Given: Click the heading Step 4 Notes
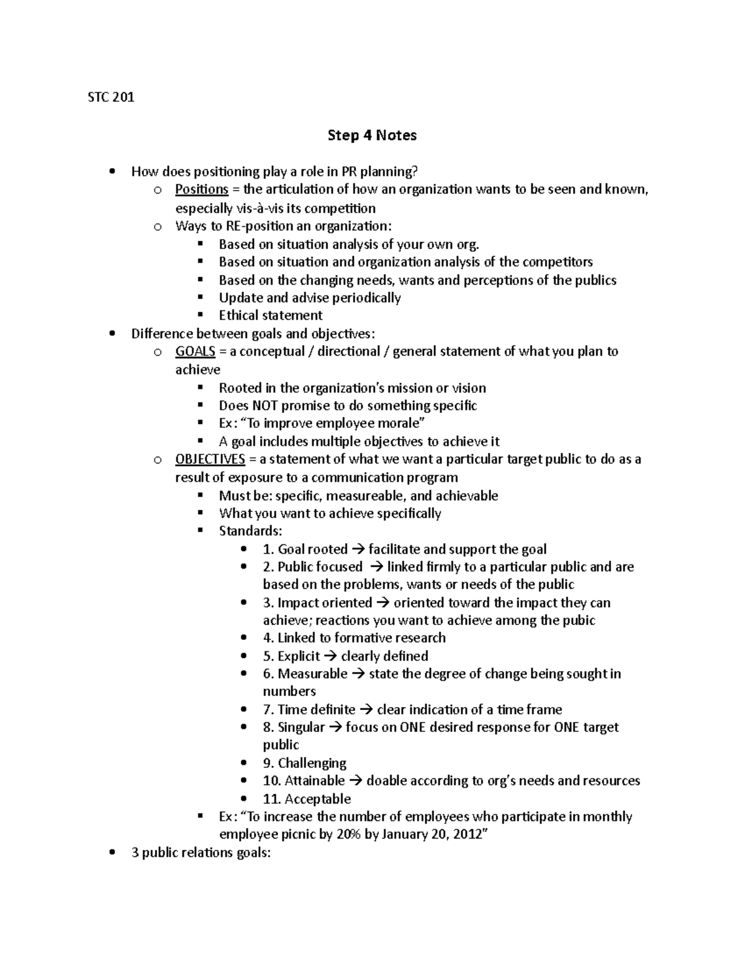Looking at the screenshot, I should (372, 135).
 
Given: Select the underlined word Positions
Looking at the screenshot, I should (202, 189).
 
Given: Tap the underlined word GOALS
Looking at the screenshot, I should (195, 351).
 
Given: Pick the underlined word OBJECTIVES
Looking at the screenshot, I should (210, 459).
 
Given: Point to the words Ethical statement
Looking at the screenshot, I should (271, 315).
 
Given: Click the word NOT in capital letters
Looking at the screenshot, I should (266, 406).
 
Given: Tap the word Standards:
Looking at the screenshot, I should (250, 531).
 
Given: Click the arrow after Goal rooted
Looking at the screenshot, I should (358, 549).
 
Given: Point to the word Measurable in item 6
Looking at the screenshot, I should (312, 674).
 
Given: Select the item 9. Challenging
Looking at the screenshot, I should (304, 763).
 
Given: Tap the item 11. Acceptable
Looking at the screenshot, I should (307, 799).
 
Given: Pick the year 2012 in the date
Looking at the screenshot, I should (466, 834).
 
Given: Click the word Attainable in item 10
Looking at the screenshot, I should (314, 781).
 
